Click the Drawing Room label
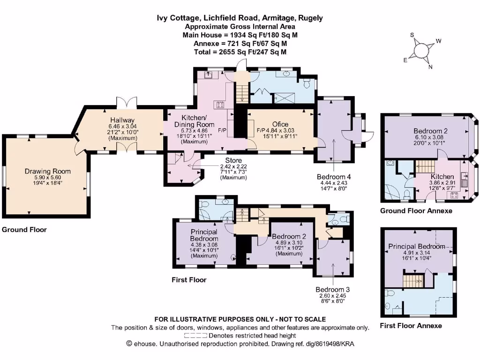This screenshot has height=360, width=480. coord(47,171)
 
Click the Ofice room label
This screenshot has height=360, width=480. coord(280,124)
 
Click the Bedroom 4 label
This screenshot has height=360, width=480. coord(333,176)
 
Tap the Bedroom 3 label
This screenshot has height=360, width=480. coord(331,289)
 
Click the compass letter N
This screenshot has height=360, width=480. coord(430,66)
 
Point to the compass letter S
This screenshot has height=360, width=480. coord(412,35)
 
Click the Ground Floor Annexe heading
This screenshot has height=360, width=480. coord(416,211)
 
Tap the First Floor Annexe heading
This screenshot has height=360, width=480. coord(411,325)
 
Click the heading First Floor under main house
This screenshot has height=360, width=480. coord(188,280)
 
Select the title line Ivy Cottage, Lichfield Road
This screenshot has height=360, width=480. coord(240,18)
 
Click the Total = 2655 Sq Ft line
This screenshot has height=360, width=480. coord(240,52)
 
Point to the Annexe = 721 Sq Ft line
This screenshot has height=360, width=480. coord(240,43)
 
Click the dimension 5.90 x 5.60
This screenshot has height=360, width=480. coord(47,178)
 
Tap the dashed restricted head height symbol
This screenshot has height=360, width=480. coord(195,336)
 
